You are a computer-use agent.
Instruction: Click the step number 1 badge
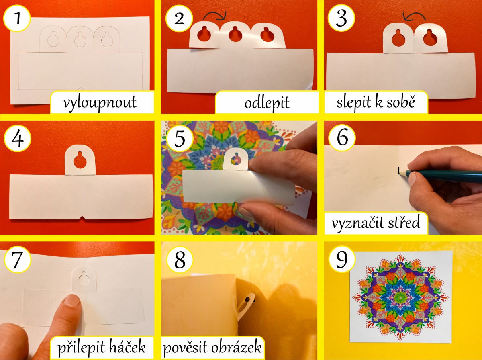coord(17,18)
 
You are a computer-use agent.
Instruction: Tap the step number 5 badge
coord(180,139)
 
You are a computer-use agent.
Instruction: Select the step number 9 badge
coord(342,260)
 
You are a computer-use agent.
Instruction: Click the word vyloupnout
coord(100,102)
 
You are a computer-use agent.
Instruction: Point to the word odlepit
coord(267,103)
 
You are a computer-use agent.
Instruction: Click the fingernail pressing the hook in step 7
coord(71,300)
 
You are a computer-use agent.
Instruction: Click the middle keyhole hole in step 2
coord(235,34)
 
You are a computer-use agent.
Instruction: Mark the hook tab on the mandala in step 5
coord(236,159)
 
